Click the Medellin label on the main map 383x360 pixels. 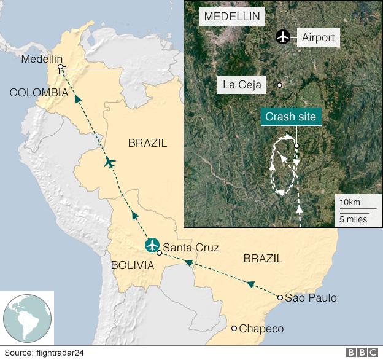click(42, 59)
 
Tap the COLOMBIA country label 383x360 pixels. click(38, 93)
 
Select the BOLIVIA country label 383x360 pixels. click(132, 265)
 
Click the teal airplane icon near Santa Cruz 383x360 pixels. click(152, 245)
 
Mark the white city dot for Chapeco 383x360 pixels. click(234, 328)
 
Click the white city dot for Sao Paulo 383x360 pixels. click(280, 298)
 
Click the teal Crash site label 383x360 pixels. click(292, 117)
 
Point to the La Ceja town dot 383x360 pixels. click(279, 85)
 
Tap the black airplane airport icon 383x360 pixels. click(282, 37)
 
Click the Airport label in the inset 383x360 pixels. click(318, 37)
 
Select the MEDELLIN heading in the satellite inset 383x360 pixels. click(231, 16)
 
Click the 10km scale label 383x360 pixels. click(350, 203)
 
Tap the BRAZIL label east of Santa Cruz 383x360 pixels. click(263, 258)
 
